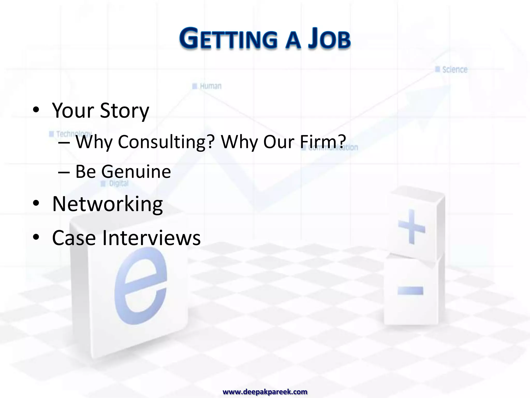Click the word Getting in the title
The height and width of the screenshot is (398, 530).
(228, 39)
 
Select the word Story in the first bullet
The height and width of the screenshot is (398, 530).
(124, 110)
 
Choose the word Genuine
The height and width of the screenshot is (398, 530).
(136, 171)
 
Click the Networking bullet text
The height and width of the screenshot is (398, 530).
(107, 204)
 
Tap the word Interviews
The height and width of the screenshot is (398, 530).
(151, 238)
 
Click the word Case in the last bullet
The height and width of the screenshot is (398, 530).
(74, 238)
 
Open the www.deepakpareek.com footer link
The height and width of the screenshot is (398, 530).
(265, 392)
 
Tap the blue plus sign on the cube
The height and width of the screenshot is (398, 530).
(411, 227)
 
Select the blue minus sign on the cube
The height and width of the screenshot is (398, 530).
(410, 291)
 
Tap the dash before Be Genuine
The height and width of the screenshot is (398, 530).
(64, 172)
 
